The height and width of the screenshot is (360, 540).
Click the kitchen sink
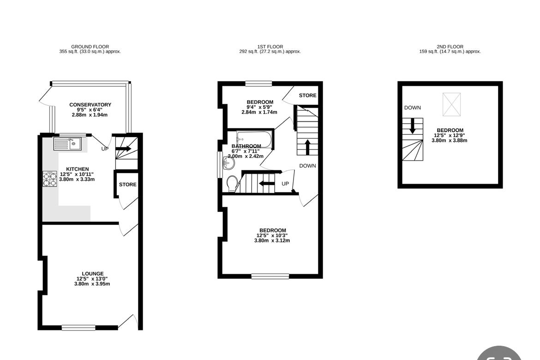(67, 144)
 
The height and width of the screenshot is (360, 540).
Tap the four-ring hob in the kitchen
(50, 179)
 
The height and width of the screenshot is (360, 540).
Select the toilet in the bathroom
(233, 183)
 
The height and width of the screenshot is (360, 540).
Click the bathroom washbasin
(228, 163)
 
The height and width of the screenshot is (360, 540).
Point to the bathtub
(254, 139)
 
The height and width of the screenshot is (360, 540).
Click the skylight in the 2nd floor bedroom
(451, 104)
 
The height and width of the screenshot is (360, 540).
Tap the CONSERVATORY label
(90, 105)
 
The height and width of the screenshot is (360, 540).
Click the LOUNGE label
(93, 274)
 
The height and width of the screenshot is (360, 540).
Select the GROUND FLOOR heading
(90, 47)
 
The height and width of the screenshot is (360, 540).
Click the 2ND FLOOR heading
(450, 47)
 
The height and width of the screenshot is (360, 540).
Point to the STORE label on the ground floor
(128, 185)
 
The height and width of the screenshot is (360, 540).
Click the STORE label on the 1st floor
(307, 96)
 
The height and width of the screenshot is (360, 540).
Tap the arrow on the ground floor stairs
(124, 149)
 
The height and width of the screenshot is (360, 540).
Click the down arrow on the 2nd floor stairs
(412, 127)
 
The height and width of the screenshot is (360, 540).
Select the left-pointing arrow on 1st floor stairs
(266, 183)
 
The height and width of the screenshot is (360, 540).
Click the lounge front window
(79, 327)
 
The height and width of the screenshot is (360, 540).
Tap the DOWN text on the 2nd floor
(413, 108)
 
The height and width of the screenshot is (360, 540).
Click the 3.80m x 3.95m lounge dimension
(92, 284)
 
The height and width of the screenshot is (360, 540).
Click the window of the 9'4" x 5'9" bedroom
(258, 84)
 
